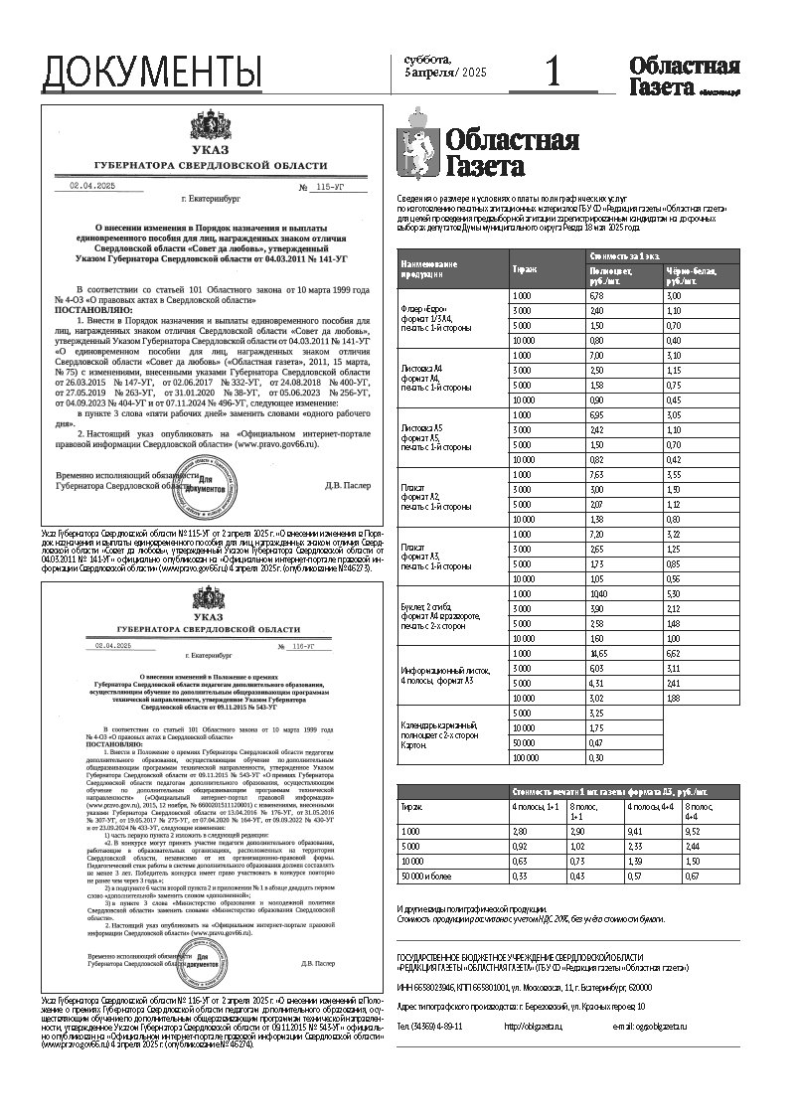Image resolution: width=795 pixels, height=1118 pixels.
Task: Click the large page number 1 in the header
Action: click(x=554, y=73)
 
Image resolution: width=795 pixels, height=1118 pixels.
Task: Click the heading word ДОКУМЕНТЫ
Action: click(x=152, y=73)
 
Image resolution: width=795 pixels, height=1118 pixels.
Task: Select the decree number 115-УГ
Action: click(x=328, y=186)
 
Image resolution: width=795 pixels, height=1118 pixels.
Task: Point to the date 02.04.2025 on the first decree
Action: click(x=92, y=186)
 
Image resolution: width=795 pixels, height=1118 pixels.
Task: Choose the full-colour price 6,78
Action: click(x=596, y=296)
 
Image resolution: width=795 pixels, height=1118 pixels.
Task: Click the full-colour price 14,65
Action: click(x=598, y=653)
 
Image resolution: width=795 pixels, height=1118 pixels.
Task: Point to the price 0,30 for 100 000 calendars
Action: click(x=596, y=757)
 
